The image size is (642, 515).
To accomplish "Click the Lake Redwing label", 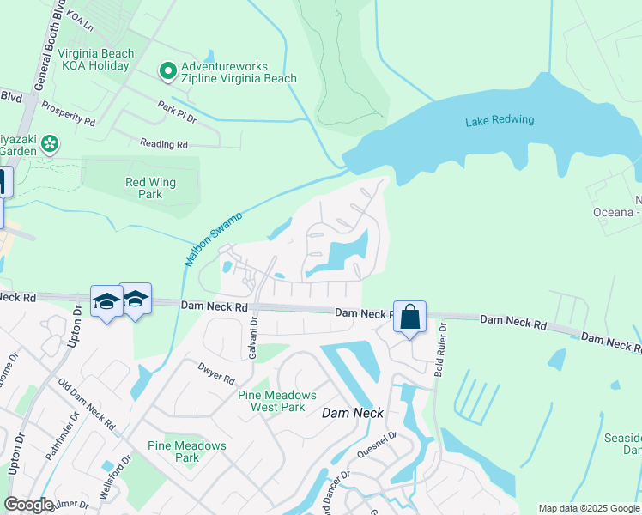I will (500, 120).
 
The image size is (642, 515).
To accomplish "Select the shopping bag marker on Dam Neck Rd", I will (410, 317).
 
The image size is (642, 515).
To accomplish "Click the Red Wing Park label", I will (144, 188).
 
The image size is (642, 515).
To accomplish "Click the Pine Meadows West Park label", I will (276, 401).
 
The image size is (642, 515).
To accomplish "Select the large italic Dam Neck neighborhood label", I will (350, 413).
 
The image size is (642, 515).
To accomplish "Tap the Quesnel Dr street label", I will (381, 444).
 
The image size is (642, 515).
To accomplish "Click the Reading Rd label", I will (163, 145).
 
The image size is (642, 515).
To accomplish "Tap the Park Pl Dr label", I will (177, 112).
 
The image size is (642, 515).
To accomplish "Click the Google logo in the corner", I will (28, 505).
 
